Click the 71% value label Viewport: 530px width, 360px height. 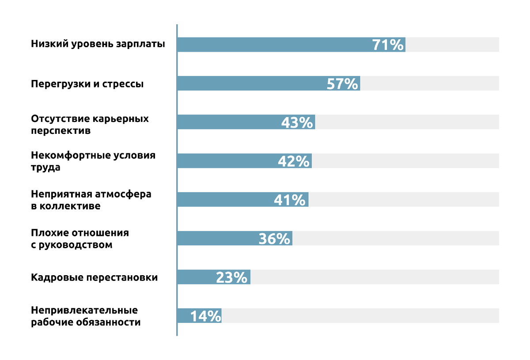click(388, 45)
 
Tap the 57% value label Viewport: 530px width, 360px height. click(342, 84)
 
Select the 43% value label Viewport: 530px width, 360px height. click(297, 122)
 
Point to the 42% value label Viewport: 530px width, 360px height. click(294, 161)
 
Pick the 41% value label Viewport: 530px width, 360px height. click(290, 200)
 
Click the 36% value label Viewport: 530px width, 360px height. click(274, 239)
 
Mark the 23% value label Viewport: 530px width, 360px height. click(231, 277)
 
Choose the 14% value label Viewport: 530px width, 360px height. click(205, 316)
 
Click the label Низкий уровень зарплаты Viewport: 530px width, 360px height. click(98, 44)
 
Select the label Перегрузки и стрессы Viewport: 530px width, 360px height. click(87, 84)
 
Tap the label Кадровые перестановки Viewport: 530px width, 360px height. click(94, 277)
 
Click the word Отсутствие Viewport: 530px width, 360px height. click(60, 119)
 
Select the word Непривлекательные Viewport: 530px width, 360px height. click(84, 311)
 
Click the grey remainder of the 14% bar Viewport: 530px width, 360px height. click(360, 316)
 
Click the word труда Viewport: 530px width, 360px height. click(45, 168)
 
